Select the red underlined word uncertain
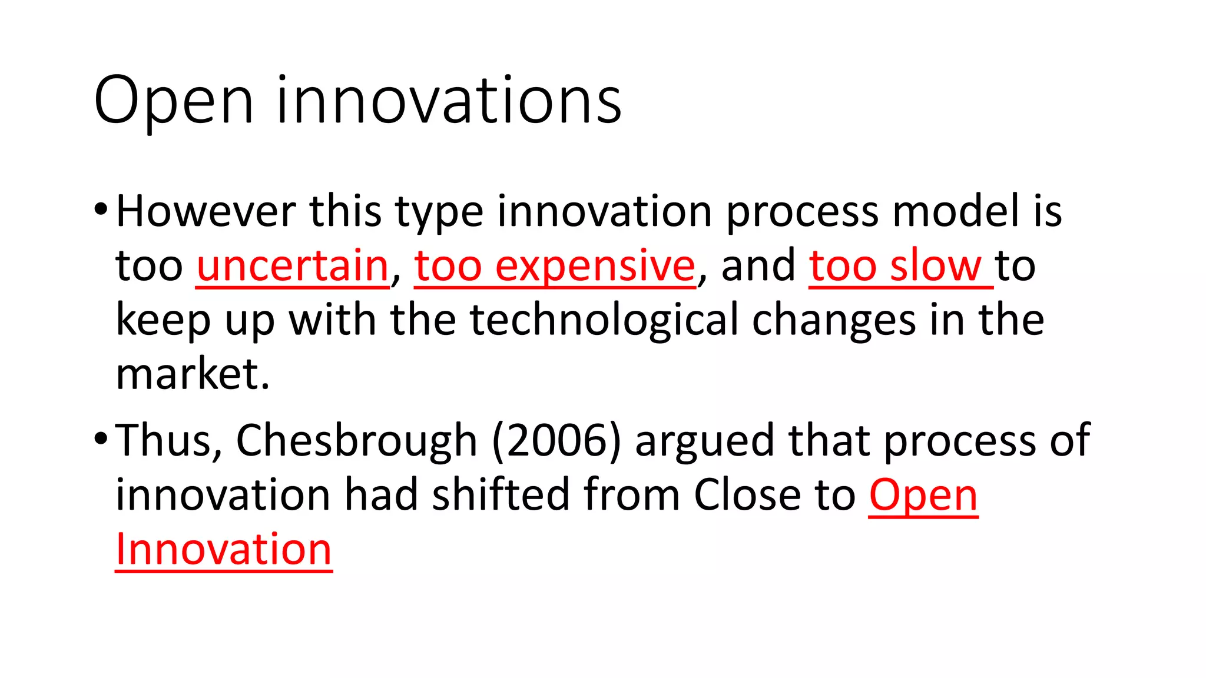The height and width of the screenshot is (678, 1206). [x=293, y=266]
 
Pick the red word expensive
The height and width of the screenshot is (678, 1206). [x=595, y=266]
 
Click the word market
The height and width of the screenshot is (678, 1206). [x=192, y=374]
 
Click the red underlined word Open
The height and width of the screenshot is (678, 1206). [x=923, y=496]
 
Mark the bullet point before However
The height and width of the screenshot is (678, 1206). [x=101, y=210]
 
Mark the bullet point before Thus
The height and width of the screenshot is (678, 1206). [x=101, y=439]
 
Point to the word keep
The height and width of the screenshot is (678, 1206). [x=163, y=321]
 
